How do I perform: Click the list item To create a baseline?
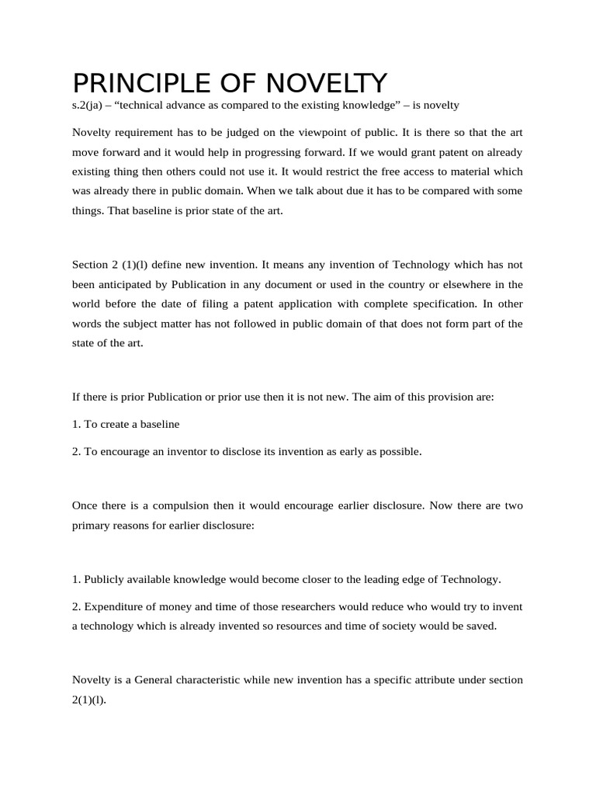click(126, 424)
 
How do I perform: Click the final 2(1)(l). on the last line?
click(88, 700)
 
